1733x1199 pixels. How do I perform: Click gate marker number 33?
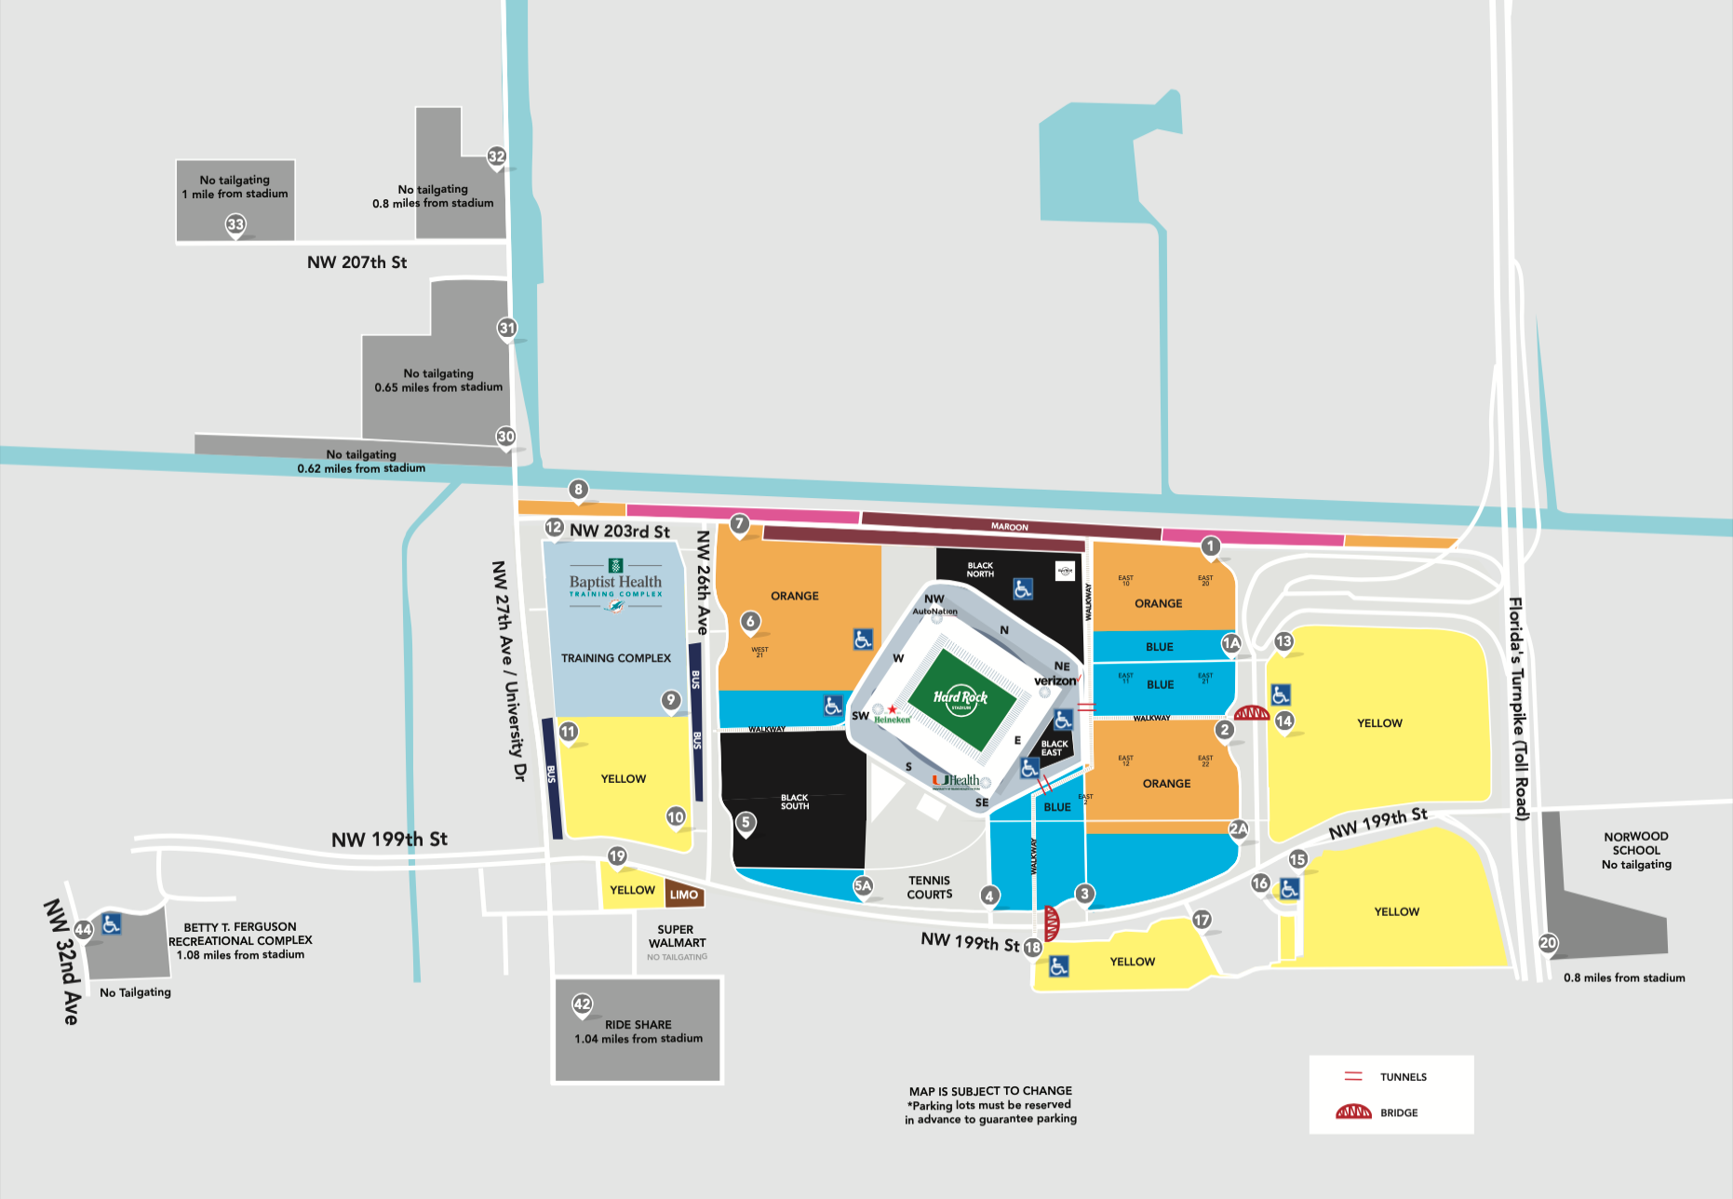pyautogui.click(x=235, y=224)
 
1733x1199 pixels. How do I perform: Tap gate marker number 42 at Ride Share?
pyautogui.click(x=583, y=1004)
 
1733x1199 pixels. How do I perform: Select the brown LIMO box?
pyautogui.click(x=684, y=895)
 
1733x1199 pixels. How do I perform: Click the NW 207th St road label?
pyautogui.click(x=356, y=263)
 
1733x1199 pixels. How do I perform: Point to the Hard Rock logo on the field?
pyautogui.click(x=961, y=697)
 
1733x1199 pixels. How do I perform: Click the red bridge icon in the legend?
pyautogui.click(x=1353, y=1112)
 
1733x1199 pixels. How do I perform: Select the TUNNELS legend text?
pyautogui.click(x=1403, y=1077)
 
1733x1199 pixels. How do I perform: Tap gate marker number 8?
pyautogui.click(x=579, y=490)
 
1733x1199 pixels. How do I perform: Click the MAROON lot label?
pyautogui.click(x=1010, y=527)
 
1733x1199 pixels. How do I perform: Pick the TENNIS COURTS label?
pyautogui.click(x=930, y=887)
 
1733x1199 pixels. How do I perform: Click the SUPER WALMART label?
pyautogui.click(x=677, y=936)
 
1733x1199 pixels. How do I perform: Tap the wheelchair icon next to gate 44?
pyautogui.click(x=112, y=924)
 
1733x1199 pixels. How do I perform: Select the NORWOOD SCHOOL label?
pyautogui.click(x=1636, y=843)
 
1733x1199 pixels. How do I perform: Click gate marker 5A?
pyautogui.click(x=863, y=885)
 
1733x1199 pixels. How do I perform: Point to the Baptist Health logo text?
pyautogui.click(x=615, y=582)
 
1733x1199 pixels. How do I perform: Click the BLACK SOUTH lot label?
pyautogui.click(x=795, y=802)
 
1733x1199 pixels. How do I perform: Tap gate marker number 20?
pyautogui.click(x=1548, y=943)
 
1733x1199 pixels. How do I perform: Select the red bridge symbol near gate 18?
pyautogui.click(x=1052, y=923)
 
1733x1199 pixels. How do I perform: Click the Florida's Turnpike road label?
pyautogui.click(x=1517, y=707)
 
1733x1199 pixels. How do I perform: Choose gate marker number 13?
pyautogui.click(x=1283, y=641)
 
